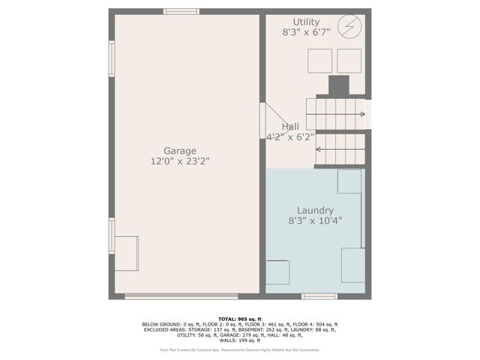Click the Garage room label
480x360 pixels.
(181, 151)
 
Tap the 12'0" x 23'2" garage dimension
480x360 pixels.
(181, 161)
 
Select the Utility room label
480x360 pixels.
(305, 22)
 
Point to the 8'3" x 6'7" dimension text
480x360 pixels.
(305, 33)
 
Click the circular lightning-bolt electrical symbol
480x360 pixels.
(349, 27)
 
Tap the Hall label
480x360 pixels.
(290, 127)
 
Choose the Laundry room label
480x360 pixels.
(315, 211)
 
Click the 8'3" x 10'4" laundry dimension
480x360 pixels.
(315, 221)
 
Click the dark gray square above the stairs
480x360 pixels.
(339, 85)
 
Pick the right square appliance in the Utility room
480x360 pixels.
(348, 59)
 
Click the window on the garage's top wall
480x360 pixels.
(181, 12)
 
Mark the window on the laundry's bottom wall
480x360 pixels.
(319, 296)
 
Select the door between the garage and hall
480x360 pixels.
(263, 120)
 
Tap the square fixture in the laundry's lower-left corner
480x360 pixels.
(278, 271)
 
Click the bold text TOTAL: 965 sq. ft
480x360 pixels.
(239, 319)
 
